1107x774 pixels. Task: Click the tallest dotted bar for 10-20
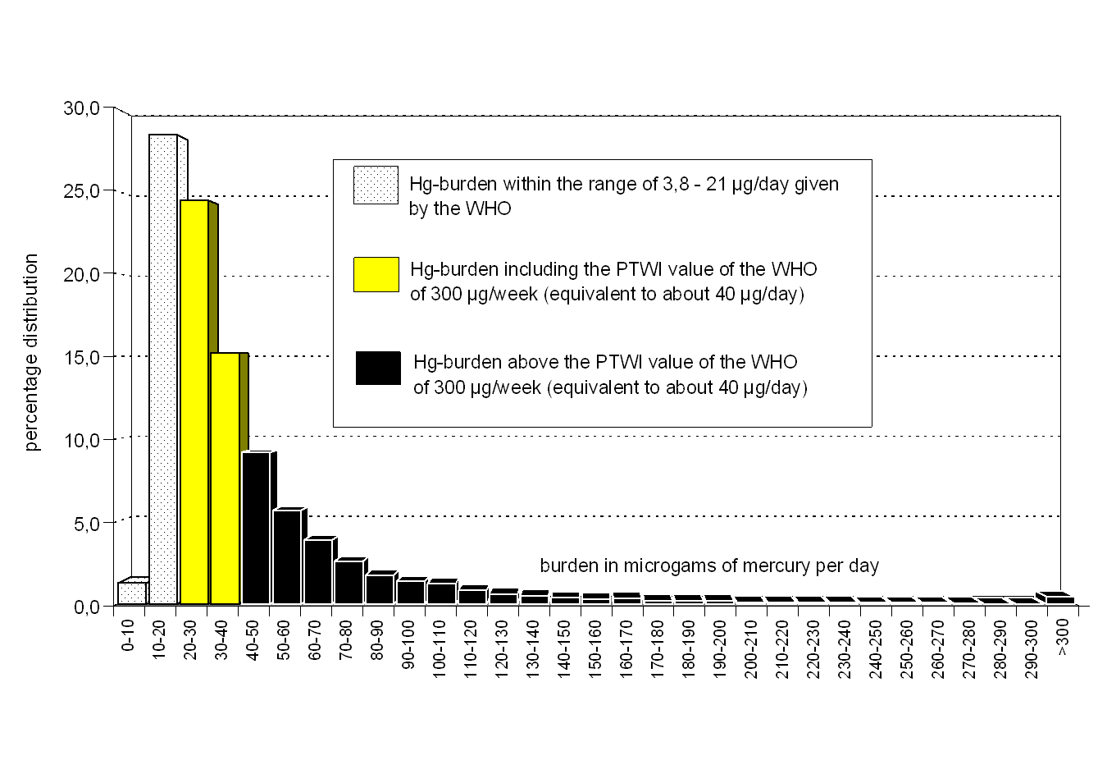click(x=163, y=369)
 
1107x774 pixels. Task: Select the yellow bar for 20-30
click(x=194, y=402)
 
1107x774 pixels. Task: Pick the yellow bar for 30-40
click(x=225, y=479)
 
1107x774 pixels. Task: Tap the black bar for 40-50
click(x=256, y=528)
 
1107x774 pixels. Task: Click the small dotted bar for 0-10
click(x=132, y=593)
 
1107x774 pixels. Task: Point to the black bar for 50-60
click(x=287, y=557)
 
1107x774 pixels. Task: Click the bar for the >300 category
click(x=1060, y=600)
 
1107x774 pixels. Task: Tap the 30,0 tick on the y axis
click(x=81, y=108)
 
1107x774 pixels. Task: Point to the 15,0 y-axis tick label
click(x=81, y=358)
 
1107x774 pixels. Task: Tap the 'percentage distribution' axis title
click(x=31, y=352)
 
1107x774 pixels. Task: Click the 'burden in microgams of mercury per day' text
click(x=709, y=566)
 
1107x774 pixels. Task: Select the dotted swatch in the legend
click(x=376, y=185)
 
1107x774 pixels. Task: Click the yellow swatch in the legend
click(x=376, y=274)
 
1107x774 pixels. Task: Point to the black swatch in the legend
click(x=378, y=368)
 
